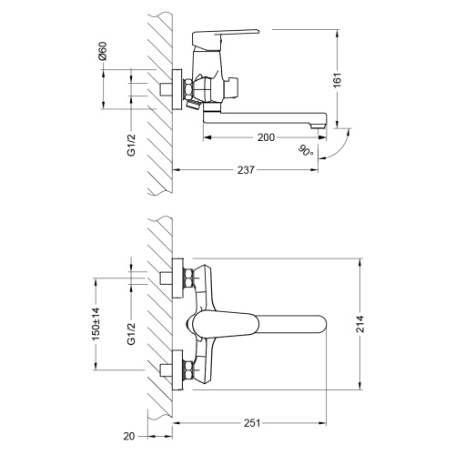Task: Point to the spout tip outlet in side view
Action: pyautogui.click(x=318, y=126)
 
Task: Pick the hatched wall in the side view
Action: pyautogui.click(x=158, y=100)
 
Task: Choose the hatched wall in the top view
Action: pyautogui.click(x=158, y=318)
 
